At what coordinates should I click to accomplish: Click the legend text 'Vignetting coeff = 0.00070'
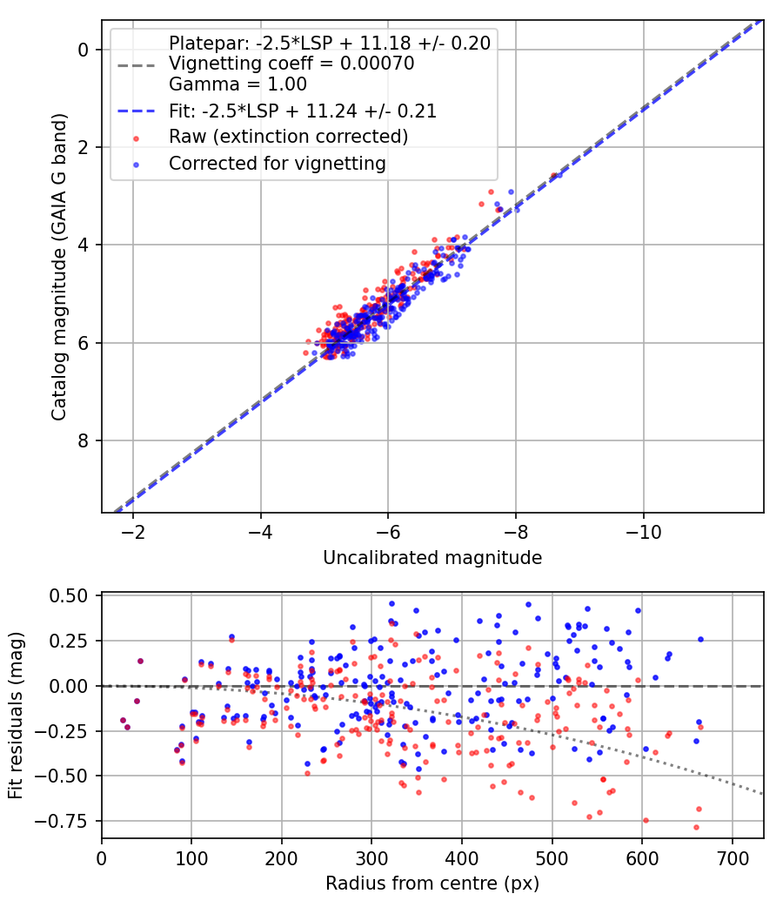(x=291, y=64)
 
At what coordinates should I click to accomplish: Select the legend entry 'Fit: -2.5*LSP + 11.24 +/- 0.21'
(x=302, y=111)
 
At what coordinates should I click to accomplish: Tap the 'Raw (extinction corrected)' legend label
(x=288, y=137)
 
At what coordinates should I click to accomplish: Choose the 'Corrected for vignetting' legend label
(x=277, y=163)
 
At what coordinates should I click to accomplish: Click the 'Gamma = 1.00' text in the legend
(x=238, y=84)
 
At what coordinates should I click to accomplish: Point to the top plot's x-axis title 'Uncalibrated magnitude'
(x=432, y=558)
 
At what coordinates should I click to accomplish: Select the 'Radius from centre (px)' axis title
(x=432, y=884)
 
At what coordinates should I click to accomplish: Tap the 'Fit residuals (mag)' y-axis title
(x=16, y=716)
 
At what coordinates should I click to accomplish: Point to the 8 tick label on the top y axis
(x=84, y=440)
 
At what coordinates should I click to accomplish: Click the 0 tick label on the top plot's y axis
(x=84, y=50)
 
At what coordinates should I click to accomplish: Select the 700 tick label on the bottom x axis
(x=733, y=857)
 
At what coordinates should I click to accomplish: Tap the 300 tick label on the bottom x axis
(x=371, y=857)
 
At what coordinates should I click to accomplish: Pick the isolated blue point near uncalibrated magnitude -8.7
(x=559, y=175)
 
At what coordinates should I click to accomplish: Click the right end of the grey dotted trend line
(x=762, y=793)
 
